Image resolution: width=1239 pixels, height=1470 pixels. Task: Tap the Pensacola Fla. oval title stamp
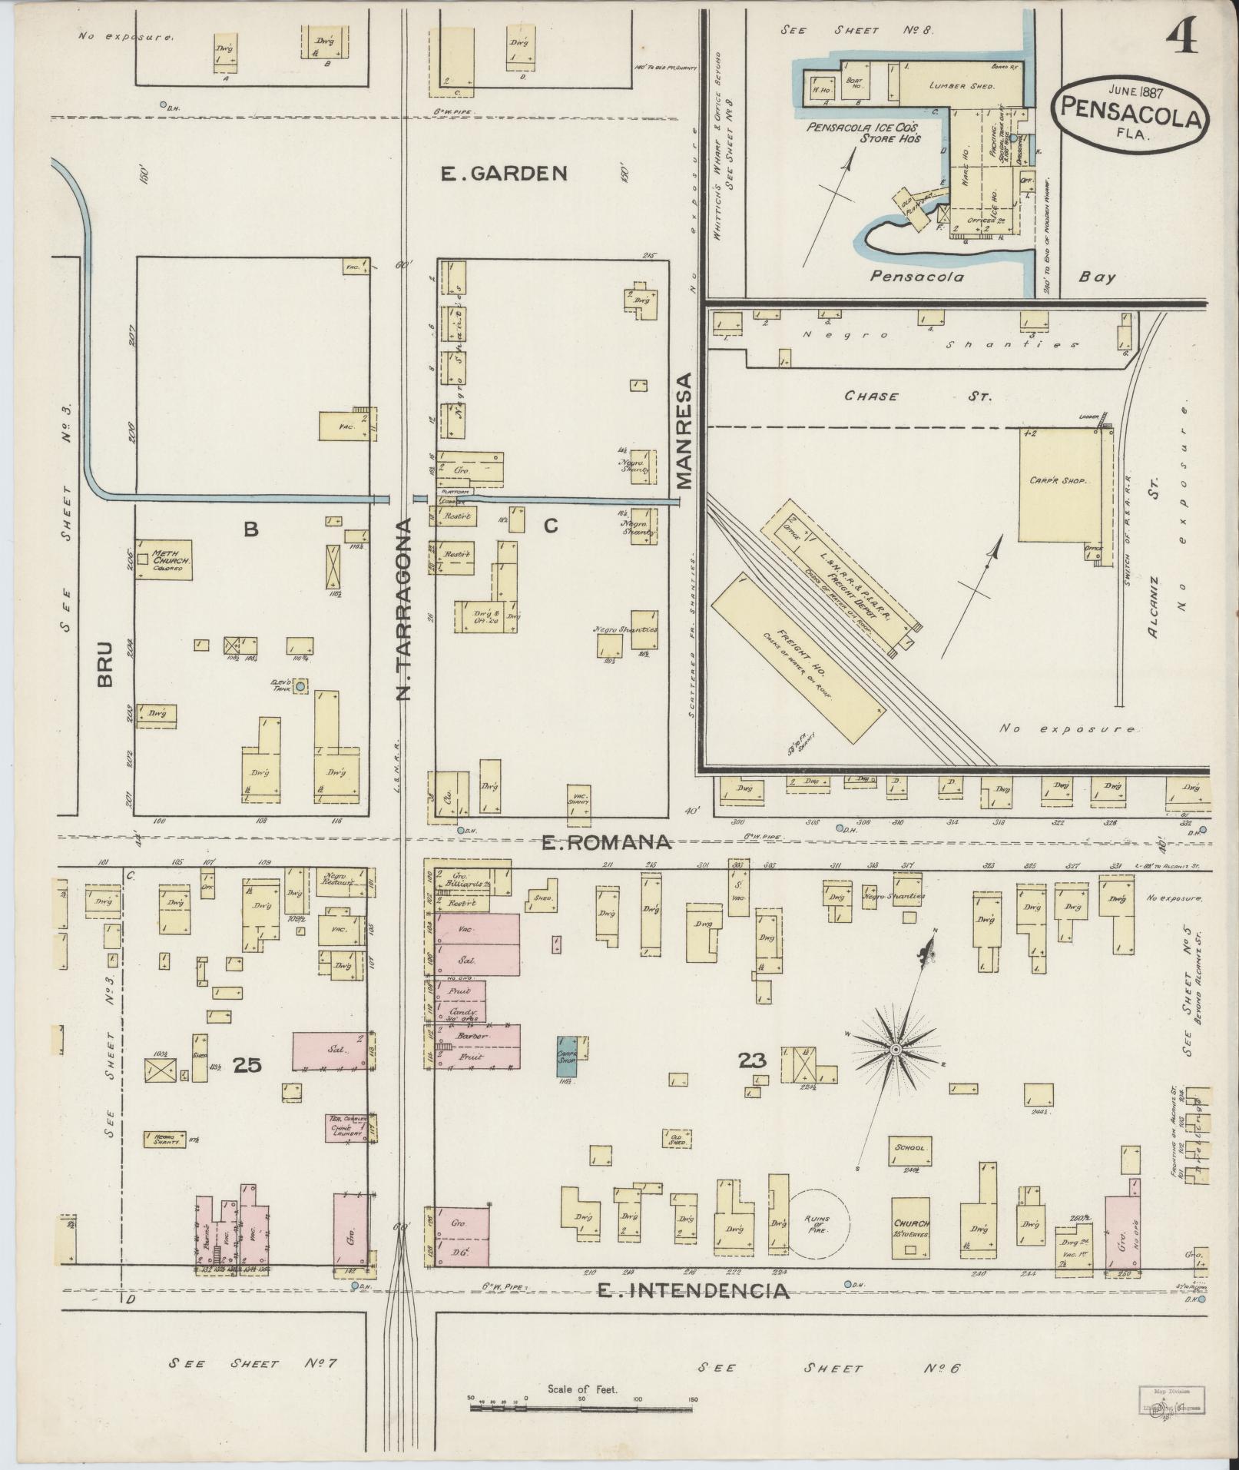[x=1131, y=111]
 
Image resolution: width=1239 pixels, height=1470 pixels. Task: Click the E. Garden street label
[x=504, y=174]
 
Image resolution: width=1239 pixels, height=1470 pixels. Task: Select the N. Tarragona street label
[x=405, y=609]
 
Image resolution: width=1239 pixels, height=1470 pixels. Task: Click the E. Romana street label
[x=606, y=843]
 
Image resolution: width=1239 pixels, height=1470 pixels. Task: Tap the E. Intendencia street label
[x=693, y=1291]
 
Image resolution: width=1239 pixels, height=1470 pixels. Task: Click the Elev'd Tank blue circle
[x=300, y=685]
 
